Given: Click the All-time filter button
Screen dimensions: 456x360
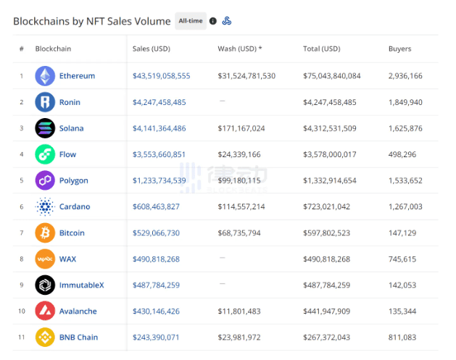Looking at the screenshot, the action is (191, 21).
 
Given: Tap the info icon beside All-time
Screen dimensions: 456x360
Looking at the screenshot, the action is (213, 21).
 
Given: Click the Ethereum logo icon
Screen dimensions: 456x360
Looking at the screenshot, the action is (45, 76).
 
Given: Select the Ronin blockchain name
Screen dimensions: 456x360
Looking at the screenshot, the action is (70, 102).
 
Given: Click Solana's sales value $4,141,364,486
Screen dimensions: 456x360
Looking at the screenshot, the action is (159, 128).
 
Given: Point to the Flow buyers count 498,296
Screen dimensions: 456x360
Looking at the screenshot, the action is (402, 154).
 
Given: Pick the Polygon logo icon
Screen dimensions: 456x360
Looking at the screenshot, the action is (45, 180).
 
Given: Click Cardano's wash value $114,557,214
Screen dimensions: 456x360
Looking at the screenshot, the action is (241, 206).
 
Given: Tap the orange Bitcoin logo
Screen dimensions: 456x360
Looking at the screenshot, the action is (45, 233).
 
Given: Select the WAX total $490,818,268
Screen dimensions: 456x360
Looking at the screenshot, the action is (326, 259).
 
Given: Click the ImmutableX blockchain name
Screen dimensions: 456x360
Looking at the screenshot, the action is (81, 285).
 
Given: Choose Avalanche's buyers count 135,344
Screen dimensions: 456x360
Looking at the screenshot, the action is (402, 311).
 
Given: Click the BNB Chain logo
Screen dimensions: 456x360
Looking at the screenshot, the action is (45, 338).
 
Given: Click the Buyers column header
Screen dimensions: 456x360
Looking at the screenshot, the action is (400, 49).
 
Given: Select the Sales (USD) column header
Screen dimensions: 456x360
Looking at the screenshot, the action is (152, 49).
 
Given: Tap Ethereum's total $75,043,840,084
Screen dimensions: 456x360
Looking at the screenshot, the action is (332, 76).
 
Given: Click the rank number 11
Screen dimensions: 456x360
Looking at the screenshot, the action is (22, 338).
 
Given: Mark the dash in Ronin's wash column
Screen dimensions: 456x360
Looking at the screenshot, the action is (222, 101).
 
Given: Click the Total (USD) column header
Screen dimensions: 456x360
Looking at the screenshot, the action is (322, 49).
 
